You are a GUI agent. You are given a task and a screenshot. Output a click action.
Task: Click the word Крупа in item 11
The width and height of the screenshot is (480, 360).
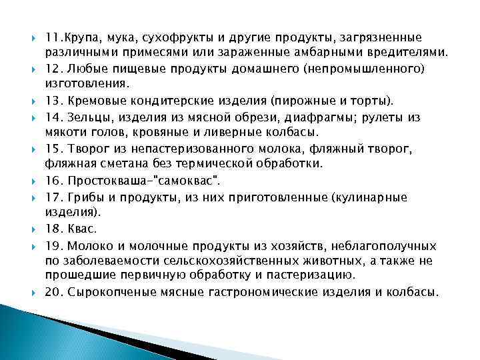pos(82,37)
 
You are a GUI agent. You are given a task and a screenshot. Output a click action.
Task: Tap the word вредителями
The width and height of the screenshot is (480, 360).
pos(410,52)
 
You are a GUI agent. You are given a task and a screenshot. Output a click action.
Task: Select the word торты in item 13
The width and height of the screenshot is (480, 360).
pos(375,101)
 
